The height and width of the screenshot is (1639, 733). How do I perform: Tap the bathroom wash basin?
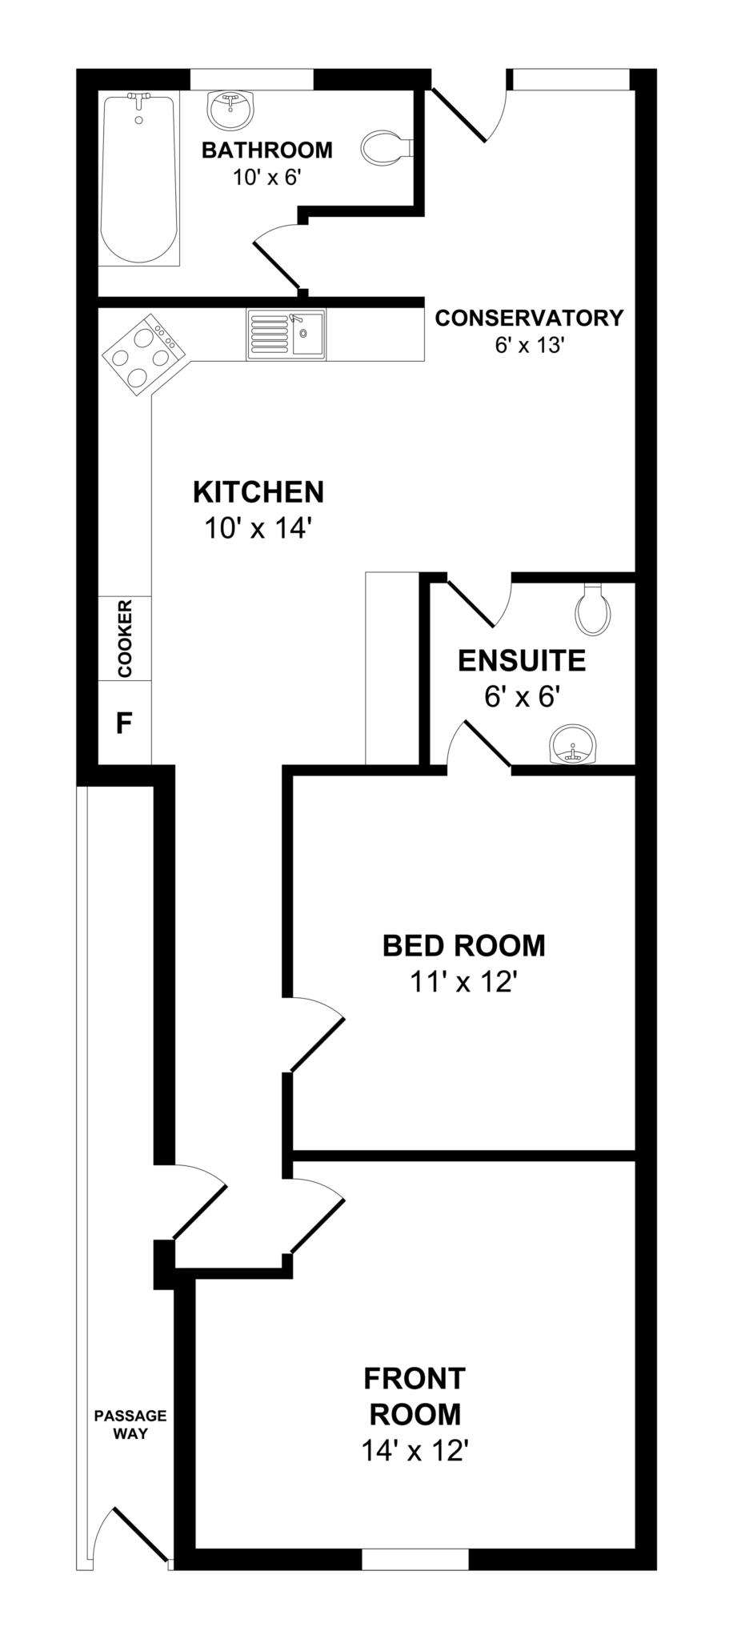click(x=231, y=110)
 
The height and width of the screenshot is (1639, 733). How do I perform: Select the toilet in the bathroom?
click(x=385, y=148)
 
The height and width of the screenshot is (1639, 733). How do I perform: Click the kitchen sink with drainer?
click(x=286, y=335)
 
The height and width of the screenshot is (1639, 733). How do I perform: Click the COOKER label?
click(x=125, y=639)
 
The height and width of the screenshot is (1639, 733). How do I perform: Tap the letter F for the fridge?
click(x=124, y=723)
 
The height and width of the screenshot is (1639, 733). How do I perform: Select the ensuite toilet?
click(x=593, y=609)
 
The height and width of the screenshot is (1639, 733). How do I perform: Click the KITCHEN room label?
click(x=258, y=492)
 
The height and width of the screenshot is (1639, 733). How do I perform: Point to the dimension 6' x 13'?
click(x=529, y=345)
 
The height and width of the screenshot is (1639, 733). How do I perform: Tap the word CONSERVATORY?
click(x=529, y=318)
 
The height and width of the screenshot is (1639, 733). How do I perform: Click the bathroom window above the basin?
click(x=251, y=79)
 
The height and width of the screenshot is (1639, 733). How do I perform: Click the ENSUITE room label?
click(x=522, y=661)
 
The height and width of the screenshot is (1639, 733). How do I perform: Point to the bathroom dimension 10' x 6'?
click(x=266, y=178)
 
